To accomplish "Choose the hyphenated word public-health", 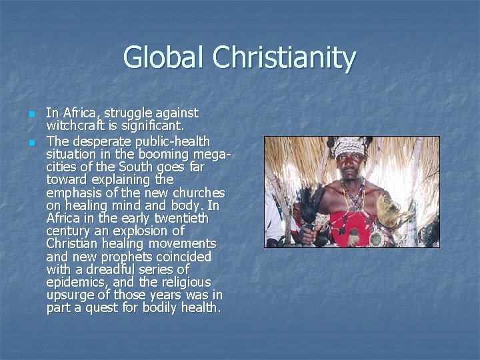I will [x=172, y=141].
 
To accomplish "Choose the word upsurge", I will [x=68, y=295].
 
